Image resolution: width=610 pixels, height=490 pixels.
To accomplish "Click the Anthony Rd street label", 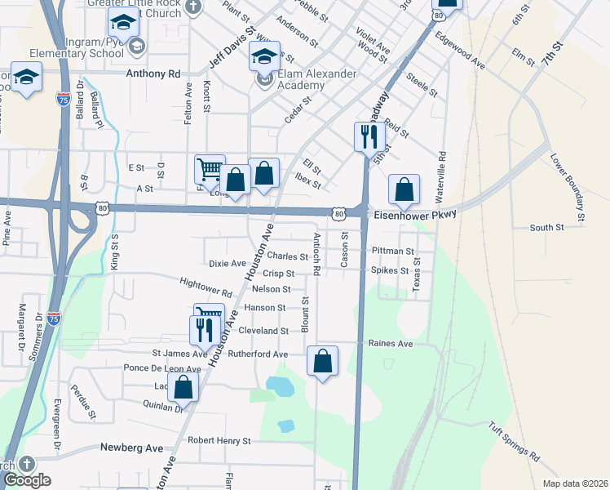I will (x=152, y=73).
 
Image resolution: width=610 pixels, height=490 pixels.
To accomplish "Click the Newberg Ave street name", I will (x=133, y=448).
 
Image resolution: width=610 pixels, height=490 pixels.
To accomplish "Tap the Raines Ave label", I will (x=391, y=344).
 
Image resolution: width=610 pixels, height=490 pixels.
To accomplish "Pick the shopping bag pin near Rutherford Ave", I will (x=322, y=359).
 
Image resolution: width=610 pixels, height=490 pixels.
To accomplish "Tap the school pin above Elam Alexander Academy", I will (x=264, y=56).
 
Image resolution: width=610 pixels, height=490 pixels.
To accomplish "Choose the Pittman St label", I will (x=392, y=251).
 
